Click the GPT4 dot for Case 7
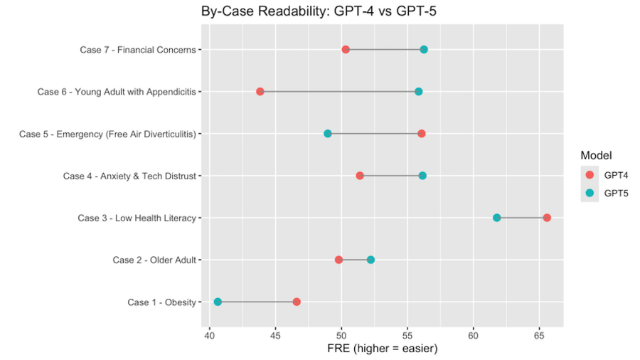pos(346,50)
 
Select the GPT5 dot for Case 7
pos(424,50)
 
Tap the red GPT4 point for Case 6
pos(260,92)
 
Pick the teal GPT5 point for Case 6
pos(419,92)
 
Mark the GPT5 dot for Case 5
pos(328,134)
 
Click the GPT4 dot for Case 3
pos(547,218)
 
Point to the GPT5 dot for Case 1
pos(218,302)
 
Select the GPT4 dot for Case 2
pos(338,260)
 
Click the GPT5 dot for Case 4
pos(422,176)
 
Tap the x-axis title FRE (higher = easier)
pos(382,349)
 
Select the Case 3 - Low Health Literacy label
pos(137,218)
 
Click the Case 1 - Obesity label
pos(161,302)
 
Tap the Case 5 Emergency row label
pos(107,134)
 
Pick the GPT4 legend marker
pos(590,175)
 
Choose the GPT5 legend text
pos(617,193)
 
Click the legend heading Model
pos(596,156)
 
